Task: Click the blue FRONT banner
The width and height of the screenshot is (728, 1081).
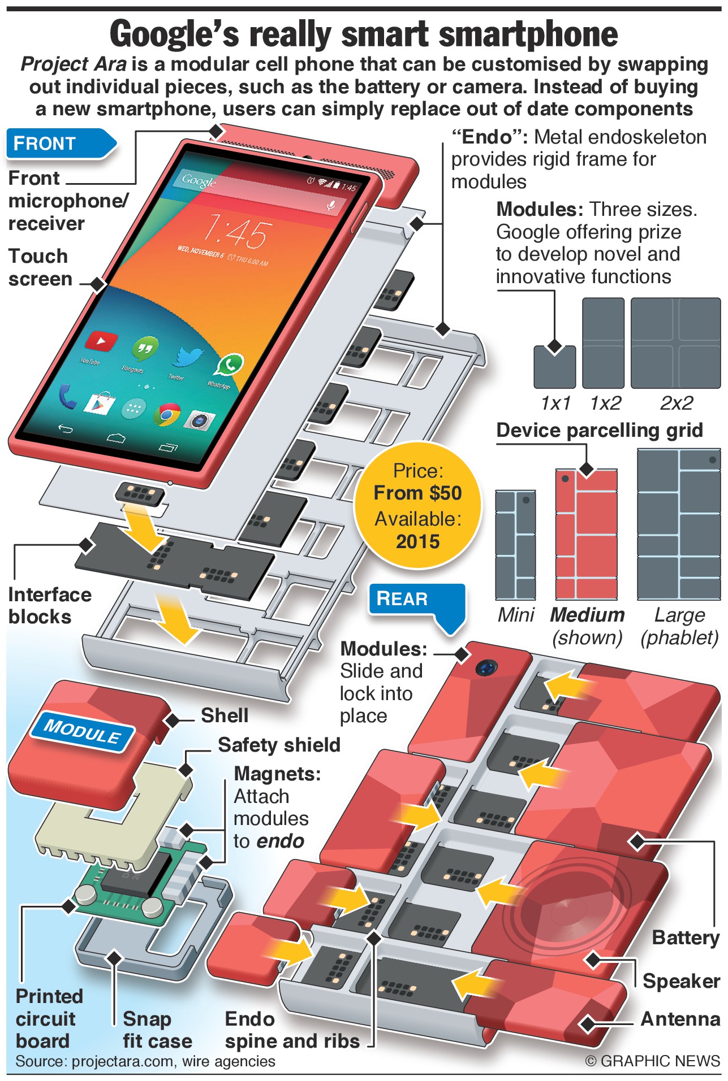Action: pyautogui.click(x=57, y=144)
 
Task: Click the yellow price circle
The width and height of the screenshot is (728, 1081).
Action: pyautogui.click(x=417, y=505)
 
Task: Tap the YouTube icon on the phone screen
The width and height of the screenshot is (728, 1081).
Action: pyautogui.click(x=101, y=341)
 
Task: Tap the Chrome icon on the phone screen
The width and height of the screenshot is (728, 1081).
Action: pyautogui.click(x=167, y=414)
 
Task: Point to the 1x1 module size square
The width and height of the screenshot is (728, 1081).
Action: pyautogui.click(x=554, y=367)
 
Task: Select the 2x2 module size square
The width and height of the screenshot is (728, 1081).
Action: pyautogui.click(x=675, y=343)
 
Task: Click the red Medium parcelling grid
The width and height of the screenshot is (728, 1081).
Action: pyautogui.click(x=586, y=534)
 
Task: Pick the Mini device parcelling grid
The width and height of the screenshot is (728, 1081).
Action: pyautogui.click(x=515, y=545)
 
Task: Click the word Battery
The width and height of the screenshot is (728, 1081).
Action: pyautogui.click(x=685, y=937)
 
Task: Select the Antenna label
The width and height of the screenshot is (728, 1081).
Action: pyautogui.click(x=680, y=1019)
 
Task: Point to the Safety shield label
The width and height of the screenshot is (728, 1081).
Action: pyautogui.click(x=279, y=745)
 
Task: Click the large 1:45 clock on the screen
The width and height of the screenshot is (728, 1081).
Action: pyautogui.click(x=236, y=231)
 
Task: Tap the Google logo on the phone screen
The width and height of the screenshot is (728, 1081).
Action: pyautogui.click(x=199, y=180)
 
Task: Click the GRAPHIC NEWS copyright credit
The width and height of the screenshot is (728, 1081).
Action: pyautogui.click(x=652, y=1061)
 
